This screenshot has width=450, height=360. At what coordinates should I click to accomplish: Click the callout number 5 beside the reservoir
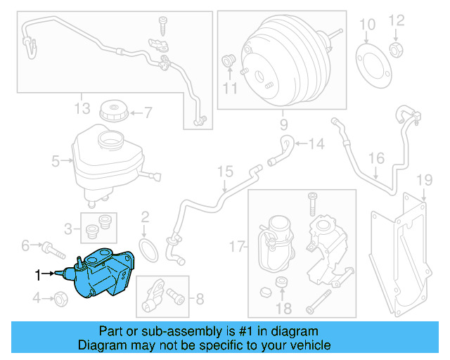(x=56, y=161)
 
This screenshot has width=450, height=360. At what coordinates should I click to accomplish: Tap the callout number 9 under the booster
(x=283, y=126)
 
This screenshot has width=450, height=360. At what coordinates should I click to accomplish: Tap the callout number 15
(x=224, y=171)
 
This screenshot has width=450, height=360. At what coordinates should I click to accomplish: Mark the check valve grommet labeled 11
(x=229, y=60)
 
